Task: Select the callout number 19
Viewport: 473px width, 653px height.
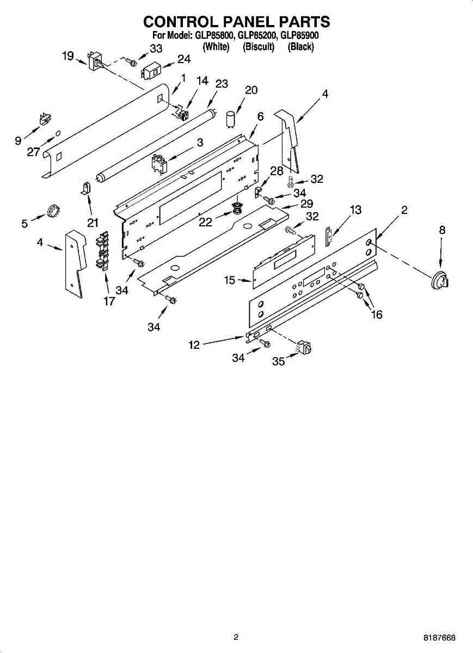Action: [67, 56]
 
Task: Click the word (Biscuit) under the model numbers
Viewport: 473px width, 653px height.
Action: [259, 47]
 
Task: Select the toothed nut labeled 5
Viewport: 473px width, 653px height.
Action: [53, 210]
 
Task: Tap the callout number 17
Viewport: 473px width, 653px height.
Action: [109, 301]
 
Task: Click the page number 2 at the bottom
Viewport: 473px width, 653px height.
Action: [236, 637]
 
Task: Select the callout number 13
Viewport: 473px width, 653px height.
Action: [355, 210]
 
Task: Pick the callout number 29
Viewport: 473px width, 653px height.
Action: [306, 204]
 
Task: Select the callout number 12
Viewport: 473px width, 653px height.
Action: [194, 344]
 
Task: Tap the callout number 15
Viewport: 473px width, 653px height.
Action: [230, 280]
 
